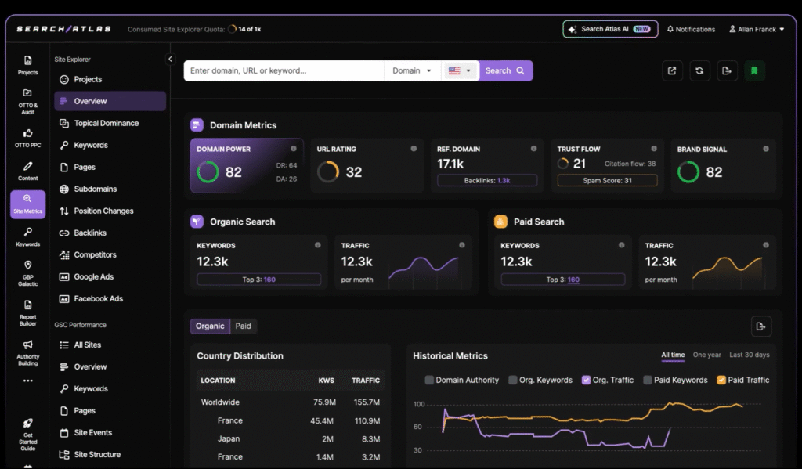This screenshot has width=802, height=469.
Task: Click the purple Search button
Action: click(504, 70)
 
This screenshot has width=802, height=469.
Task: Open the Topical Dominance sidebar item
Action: click(106, 123)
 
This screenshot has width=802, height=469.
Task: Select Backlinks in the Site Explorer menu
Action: click(90, 233)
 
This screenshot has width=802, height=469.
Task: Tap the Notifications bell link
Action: click(691, 29)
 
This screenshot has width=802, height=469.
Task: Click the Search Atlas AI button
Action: click(610, 29)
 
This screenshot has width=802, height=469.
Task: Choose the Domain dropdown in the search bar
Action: click(412, 70)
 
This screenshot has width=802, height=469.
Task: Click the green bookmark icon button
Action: click(754, 70)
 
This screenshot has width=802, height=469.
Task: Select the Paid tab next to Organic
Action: click(244, 326)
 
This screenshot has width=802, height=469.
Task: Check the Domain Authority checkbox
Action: click(429, 380)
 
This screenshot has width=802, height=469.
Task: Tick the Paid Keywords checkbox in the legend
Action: click(648, 380)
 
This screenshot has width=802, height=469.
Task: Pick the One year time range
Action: click(707, 355)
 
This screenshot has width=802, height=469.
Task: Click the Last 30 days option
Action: click(749, 355)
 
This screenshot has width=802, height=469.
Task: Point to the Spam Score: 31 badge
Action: click(607, 180)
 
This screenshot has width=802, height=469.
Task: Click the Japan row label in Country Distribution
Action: click(229, 438)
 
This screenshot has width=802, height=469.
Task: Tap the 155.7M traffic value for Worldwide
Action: click(366, 402)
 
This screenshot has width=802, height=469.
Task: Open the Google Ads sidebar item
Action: click(93, 276)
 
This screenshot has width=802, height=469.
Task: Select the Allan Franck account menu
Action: click(757, 29)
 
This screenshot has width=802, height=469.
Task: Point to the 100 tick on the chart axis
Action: click(419, 405)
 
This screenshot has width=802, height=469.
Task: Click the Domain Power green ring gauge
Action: click(208, 171)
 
